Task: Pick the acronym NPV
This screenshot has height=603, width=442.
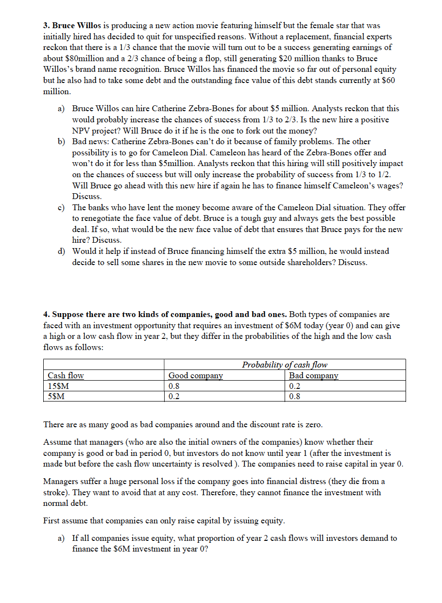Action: point(82,131)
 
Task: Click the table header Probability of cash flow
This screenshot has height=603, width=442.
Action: point(285,365)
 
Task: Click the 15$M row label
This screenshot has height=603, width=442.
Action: point(58,386)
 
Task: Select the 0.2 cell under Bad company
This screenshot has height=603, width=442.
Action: point(294,386)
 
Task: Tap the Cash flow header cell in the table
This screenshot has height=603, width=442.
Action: point(66,375)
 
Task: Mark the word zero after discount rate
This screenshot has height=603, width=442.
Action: point(312,424)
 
